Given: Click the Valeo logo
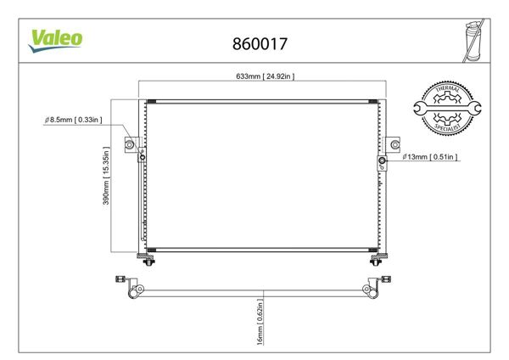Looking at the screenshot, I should click(x=57, y=39).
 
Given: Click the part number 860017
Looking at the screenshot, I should click(x=257, y=41).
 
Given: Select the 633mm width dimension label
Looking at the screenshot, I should click(x=265, y=76).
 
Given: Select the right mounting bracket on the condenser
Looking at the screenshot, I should click(x=392, y=143).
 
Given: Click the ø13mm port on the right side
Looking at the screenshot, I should click(x=383, y=160).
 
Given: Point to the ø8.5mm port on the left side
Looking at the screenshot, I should click(x=142, y=155).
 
